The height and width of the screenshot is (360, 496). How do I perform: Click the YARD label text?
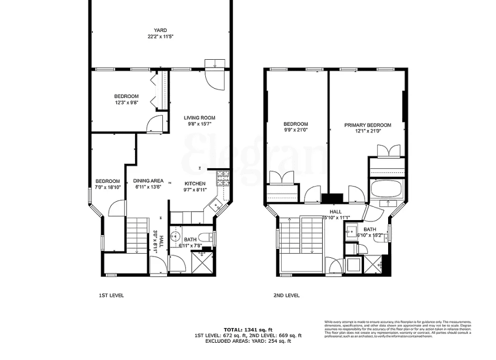click(160, 30)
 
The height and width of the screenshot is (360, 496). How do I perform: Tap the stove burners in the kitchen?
click(223, 178)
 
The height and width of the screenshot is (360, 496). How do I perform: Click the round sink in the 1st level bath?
click(177, 235)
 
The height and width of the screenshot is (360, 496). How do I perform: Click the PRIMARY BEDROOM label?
click(368, 125)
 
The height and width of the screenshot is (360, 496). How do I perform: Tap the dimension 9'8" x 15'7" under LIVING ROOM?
click(199, 124)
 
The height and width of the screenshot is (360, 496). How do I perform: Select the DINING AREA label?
click(149, 181)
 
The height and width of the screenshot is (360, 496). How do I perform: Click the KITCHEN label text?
click(195, 183)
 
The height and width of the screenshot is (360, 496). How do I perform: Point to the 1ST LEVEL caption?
click(111, 296)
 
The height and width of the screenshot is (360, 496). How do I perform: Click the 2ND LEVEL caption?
click(286, 296)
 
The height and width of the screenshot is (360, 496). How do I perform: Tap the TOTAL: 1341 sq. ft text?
click(248, 330)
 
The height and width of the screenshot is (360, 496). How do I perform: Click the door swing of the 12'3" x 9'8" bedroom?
click(156, 124)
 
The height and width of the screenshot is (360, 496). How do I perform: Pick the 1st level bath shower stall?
click(202, 264)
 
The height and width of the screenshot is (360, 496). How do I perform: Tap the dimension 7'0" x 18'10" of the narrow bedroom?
click(108, 187)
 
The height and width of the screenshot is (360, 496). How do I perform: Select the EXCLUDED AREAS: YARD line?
click(248, 341)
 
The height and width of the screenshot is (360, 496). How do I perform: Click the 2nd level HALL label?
click(328, 211)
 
